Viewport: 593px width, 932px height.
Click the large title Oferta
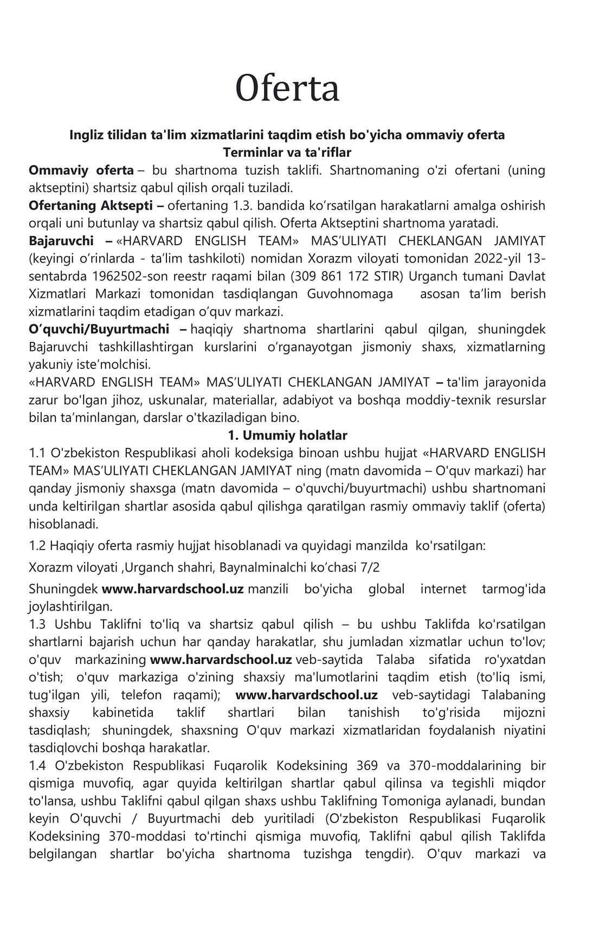(x=287, y=88)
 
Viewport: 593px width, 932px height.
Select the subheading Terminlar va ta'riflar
(x=287, y=152)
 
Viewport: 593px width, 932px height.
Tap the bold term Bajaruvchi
(x=61, y=241)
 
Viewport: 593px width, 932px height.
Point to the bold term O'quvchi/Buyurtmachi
(x=99, y=329)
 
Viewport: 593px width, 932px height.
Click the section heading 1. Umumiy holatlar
(x=287, y=435)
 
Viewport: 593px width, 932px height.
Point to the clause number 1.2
(x=37, y=546)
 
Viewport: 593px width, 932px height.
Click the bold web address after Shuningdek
(x=173, y=589)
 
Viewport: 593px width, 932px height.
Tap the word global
(x=386, y=589)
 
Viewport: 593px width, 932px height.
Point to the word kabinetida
(x=123, y=713)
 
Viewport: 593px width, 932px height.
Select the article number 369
(x=368, y=766)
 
